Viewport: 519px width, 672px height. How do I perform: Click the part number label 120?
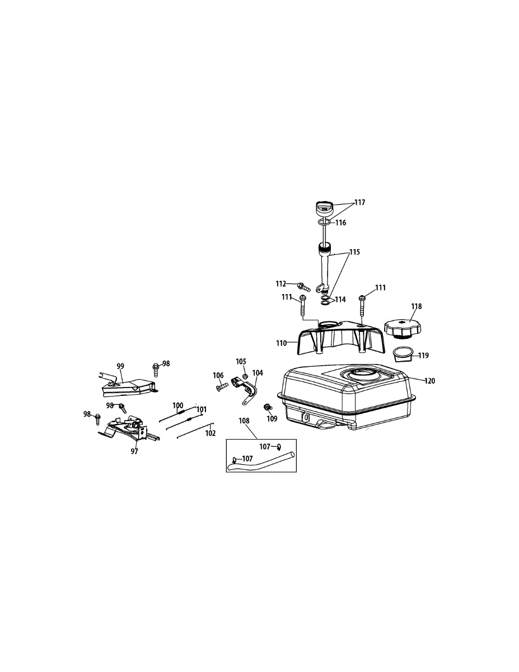click(x=429, y=381)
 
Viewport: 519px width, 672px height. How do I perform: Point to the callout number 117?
click(x=359, y=203)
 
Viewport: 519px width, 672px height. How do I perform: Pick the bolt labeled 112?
click(x=305, y=288)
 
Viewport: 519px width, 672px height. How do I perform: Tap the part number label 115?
click(x=354, y=253)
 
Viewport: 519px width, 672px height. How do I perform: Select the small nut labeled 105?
click(x=245, y=376)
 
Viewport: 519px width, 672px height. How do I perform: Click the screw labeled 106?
click(x=221, y=386)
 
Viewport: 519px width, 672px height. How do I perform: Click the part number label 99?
click(x=120, y=366)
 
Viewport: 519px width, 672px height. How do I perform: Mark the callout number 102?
click(x=210, y=432)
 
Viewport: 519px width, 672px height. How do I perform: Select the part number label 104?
click(x=257, y=372)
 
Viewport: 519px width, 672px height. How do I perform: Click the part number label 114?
click(x=340, y=300)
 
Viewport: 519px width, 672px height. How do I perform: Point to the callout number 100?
click(x=177, y=405)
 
